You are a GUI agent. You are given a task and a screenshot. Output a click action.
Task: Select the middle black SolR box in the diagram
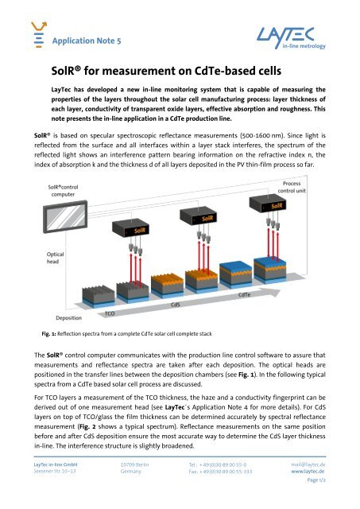[206, 216]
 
